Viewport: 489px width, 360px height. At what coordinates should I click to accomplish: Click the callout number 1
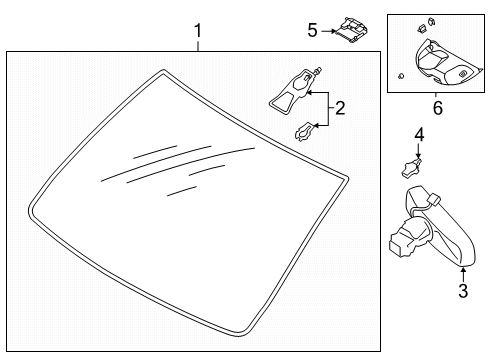click(x=197, y=31)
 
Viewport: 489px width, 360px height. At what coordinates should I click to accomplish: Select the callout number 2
click(x=339, y=108)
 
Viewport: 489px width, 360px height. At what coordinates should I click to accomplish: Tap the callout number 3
click(x=462, y=291)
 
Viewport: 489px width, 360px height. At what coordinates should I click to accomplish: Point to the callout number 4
click(x=419, y=133)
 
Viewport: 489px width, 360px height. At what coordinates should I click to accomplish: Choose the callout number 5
click(x=312, y=30)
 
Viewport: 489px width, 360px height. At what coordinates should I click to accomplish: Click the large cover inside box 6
click(x=441, y=62)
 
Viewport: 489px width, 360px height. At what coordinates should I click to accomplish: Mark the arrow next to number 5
click(x=330, y=31)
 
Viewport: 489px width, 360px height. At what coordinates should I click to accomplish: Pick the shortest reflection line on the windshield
click(x=180, y=189)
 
